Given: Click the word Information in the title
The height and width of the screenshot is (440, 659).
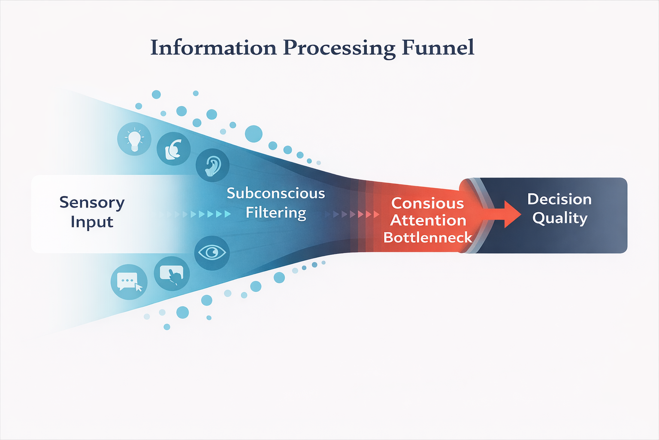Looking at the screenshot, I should coord(213,47).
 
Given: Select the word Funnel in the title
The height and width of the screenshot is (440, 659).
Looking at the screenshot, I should coord(438,47).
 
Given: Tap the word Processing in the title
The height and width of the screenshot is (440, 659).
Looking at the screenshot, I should coord(339,48).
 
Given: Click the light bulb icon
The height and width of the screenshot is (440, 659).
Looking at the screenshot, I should coord(134,139).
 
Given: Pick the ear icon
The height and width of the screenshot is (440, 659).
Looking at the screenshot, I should coord(212,165).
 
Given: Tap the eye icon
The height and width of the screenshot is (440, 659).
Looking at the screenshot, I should coord(212,253).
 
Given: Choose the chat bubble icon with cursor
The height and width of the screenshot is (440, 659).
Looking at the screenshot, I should coord(129,282).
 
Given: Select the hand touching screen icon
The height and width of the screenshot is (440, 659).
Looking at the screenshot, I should coord(172,274).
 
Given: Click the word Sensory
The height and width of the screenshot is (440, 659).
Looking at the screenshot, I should coord(92,202).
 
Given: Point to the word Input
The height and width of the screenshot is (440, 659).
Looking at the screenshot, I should coord(92,222).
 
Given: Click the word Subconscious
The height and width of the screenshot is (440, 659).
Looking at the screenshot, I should coord(275,193).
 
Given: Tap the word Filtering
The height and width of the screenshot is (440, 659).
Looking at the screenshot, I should coord(275,213).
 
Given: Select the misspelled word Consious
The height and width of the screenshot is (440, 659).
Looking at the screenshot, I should coord(427,203).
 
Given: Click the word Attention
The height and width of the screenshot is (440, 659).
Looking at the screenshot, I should coord(428,220).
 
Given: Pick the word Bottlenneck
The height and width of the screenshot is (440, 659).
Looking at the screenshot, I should coord(427,238).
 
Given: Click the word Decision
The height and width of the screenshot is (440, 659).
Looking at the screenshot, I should coord(559,199).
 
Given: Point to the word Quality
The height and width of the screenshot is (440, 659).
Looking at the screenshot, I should coord(559,218).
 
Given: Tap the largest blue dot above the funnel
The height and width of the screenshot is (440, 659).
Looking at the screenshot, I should coord(254,134).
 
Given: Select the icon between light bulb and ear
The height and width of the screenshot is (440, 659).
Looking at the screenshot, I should coord(173,149).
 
